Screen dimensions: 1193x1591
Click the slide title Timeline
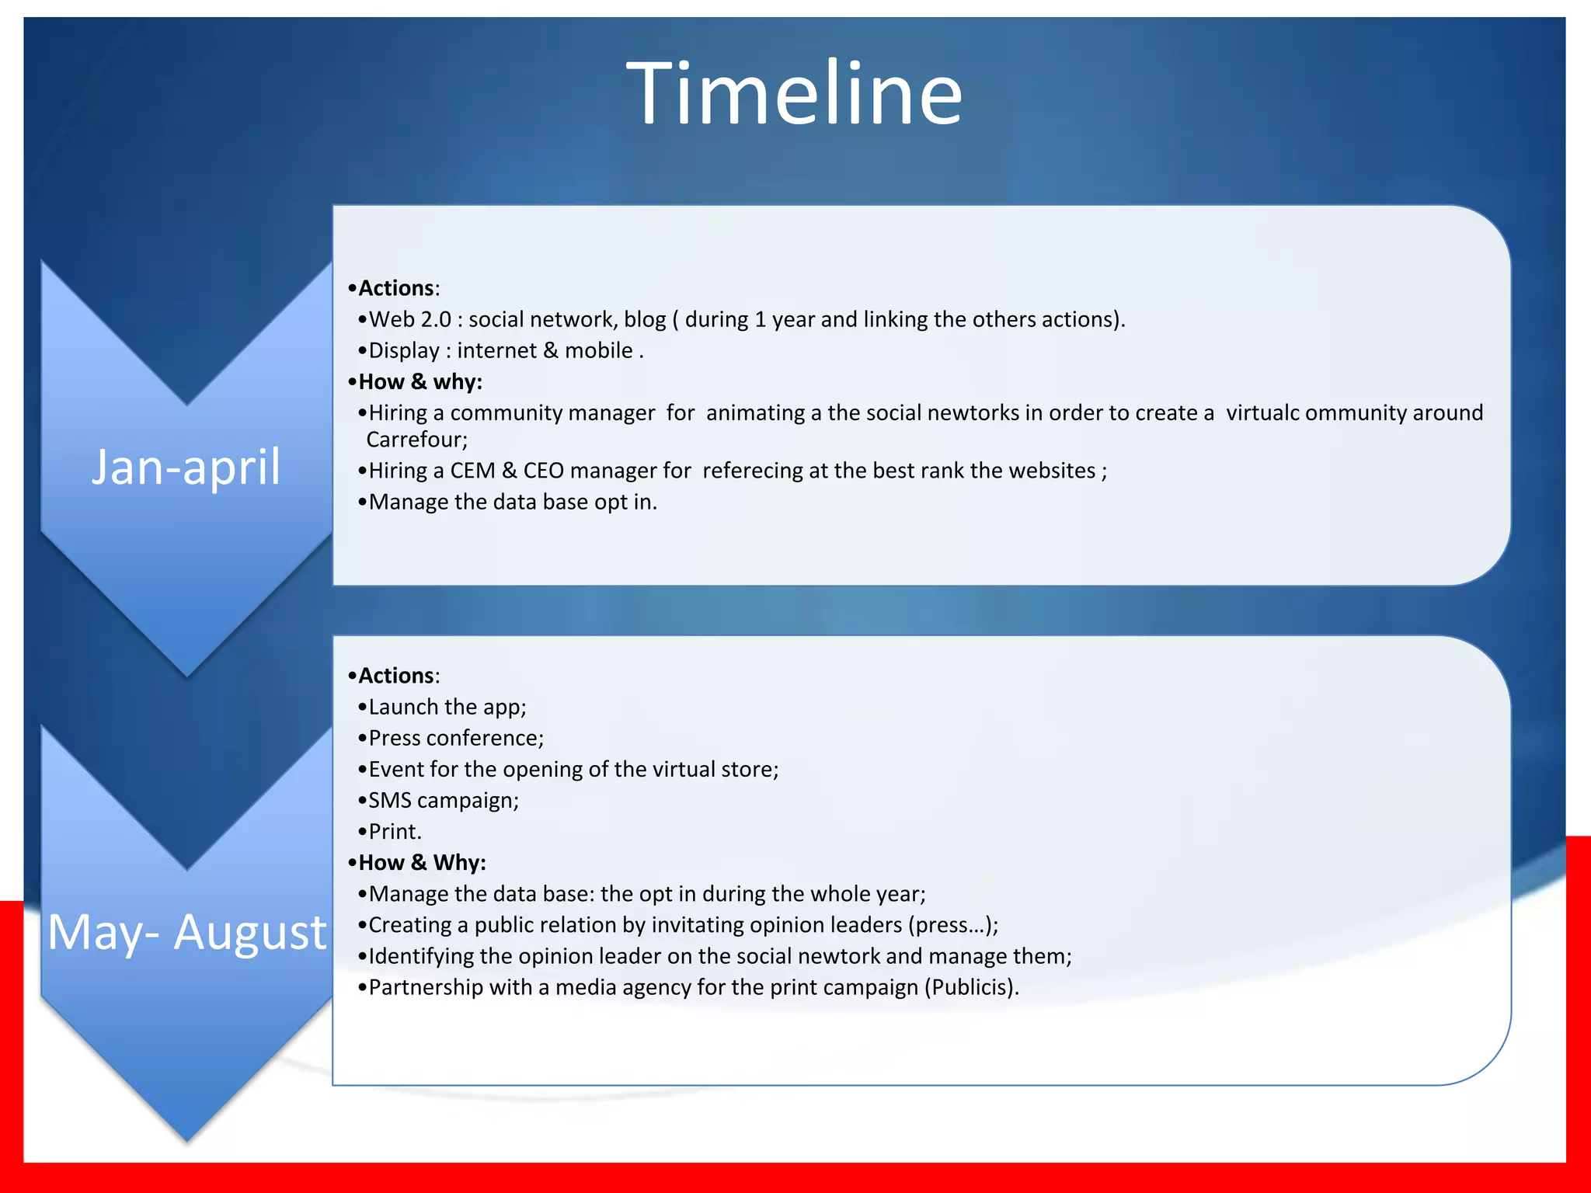pos(794,94)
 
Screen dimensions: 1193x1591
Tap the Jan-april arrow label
pos(186,468)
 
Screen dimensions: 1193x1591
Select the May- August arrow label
pos(186,932)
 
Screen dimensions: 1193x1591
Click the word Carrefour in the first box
pos(416,440)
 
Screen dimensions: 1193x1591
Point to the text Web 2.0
pos(409,319)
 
